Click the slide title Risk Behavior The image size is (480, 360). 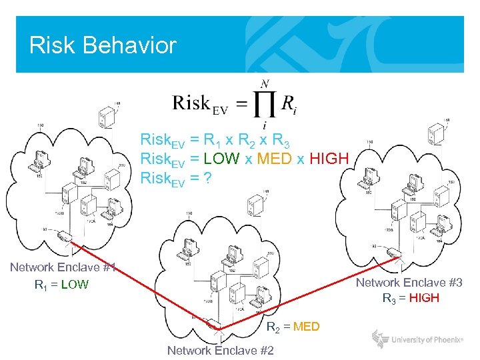click(x=103, y=45)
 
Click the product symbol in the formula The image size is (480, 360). click(x=265, y=103)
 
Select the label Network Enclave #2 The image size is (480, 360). click(x=220, y=351)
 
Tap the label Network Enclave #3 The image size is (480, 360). click(x=409, y=283)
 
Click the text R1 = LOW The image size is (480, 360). click(x=61, y=285)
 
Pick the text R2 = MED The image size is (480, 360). click(x=293, y=327)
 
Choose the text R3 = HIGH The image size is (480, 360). click(x=411, y=298)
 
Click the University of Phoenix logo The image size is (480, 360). click(x=417, y=340)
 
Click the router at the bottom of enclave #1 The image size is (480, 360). click(x=65, y=236)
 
